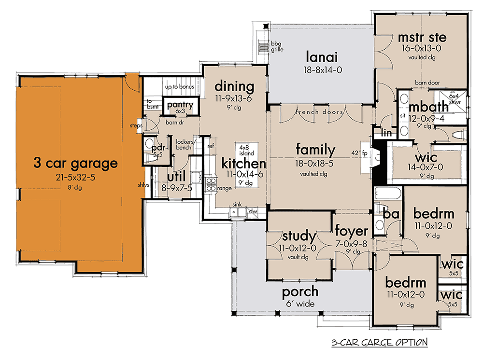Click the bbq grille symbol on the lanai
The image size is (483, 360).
pyautogui.click(x=263, y=47)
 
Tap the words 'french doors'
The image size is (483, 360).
pyautogui.click(x=319, y=112)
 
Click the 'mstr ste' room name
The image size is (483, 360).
pyautogui.click(x=422, y=37)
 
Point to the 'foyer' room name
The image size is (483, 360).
pyautogui.click(x=351, y=231)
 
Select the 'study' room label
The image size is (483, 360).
pyautogui.click(x=299, y=236)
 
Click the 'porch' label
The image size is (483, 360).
pyautogui.click(x=300, y=291)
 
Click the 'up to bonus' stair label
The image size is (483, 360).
pyautogui.click(x=180, y=86)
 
